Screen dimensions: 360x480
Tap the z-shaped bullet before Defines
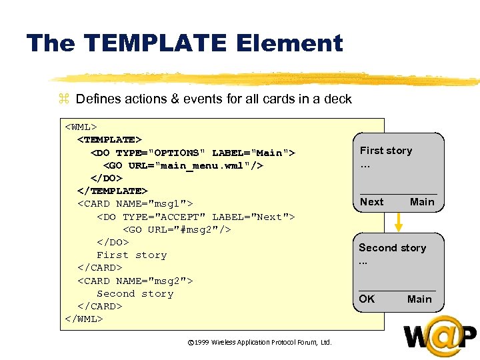(64, 99)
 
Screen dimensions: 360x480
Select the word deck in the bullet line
(338, 99)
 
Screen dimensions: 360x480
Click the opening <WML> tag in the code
(81, 127)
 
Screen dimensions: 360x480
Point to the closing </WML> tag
(84, 319)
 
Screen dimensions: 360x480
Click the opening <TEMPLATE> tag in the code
(109, 139)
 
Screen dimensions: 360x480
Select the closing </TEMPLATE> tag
(113, 191)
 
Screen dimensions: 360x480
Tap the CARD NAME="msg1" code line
(135, 203)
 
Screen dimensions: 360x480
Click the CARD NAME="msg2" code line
(135, 281)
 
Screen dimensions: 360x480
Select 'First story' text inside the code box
(131, 255)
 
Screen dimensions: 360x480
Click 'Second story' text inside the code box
(135, 293)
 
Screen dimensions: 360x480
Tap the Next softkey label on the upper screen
(371, 201)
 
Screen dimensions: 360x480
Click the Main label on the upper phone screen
(422, 201)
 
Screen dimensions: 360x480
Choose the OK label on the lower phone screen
(367, 299)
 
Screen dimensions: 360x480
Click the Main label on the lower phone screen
(419, 299)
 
